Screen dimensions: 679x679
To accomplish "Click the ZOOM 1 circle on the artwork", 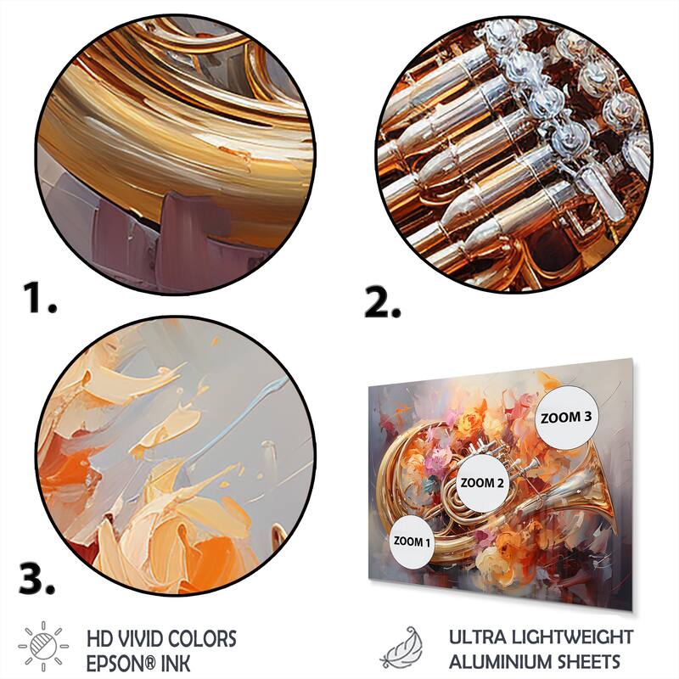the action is tap(412, 542).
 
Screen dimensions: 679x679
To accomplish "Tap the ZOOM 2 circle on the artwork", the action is tap(482, 483).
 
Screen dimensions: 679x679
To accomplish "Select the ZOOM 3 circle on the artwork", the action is tap(565, 418).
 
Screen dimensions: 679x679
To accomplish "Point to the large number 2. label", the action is tap(383, 302).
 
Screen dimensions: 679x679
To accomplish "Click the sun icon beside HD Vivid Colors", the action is tap(43, 646).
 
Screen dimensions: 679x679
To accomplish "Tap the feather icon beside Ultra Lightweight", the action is tap(401, 648).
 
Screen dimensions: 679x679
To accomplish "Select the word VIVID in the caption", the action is tap(138, 639).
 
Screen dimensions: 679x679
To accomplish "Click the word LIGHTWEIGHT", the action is tap(572, 637).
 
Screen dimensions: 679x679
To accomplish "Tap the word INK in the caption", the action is tap(175, 664).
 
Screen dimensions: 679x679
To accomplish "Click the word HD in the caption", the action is tap(98, 639).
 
